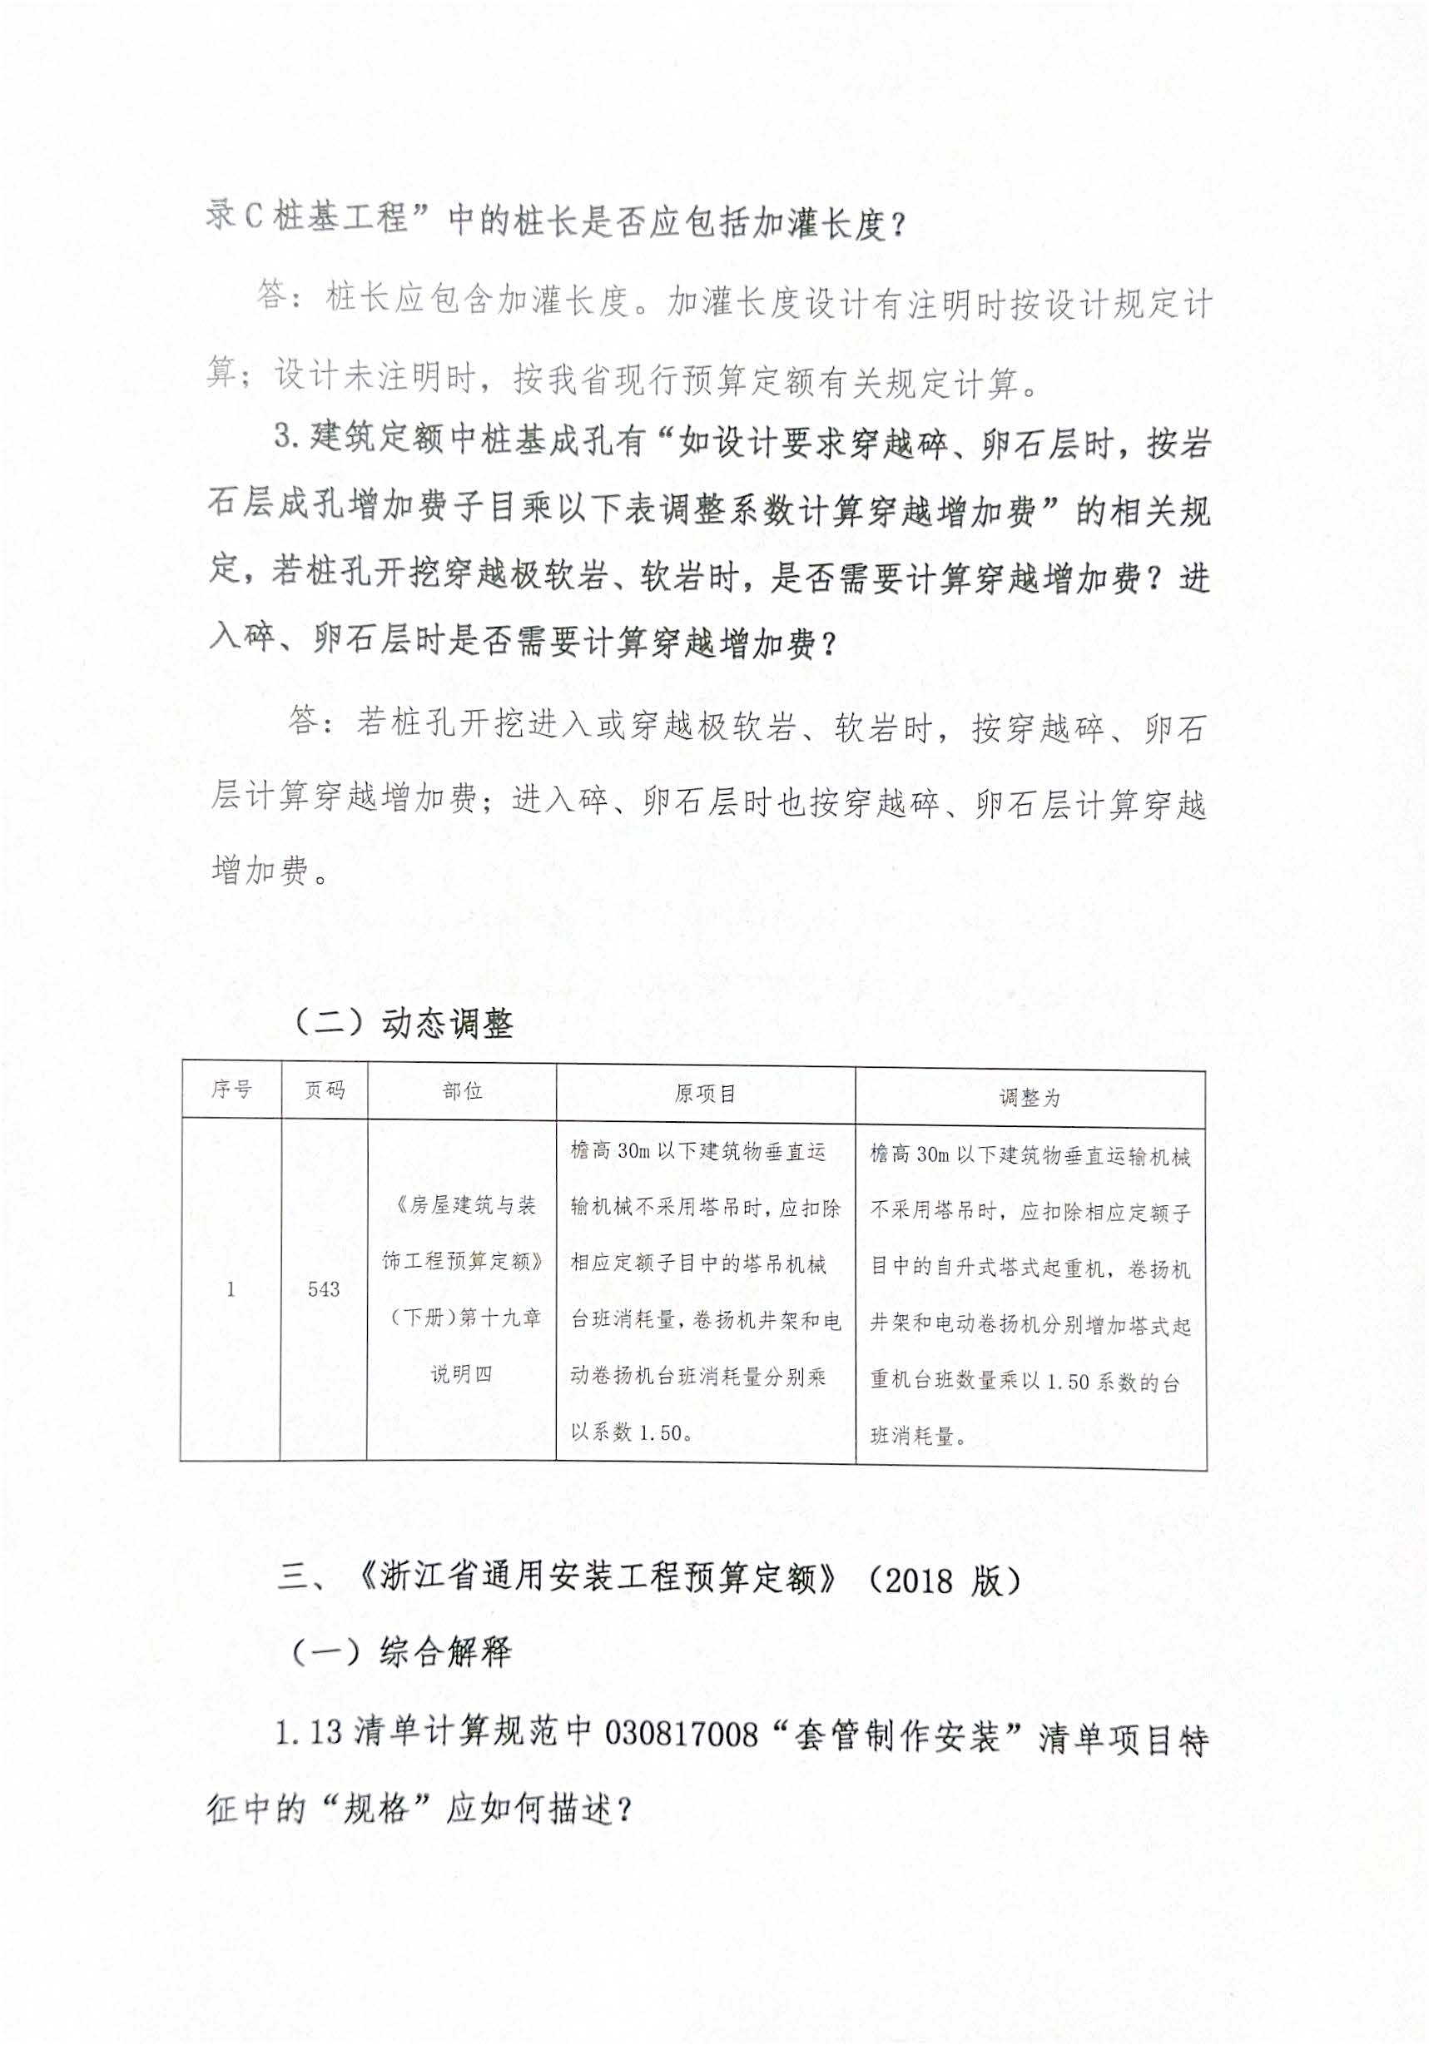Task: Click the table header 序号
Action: coord(231,1089)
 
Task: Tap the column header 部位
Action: coord(463,1091)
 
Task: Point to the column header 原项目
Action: coord(706,1094)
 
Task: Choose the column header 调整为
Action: coord(1030,1097)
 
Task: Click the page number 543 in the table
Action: coord(325,1288)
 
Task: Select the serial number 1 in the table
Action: coord(231,1288)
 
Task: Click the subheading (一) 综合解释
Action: coord(402,1652)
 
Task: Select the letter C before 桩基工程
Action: coord(252,216)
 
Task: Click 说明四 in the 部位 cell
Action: coord(461,1374)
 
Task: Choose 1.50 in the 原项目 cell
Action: coord(660,1433)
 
